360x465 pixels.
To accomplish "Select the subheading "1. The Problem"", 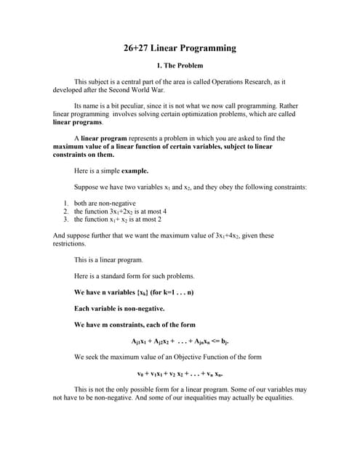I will [x=180, y=66].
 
